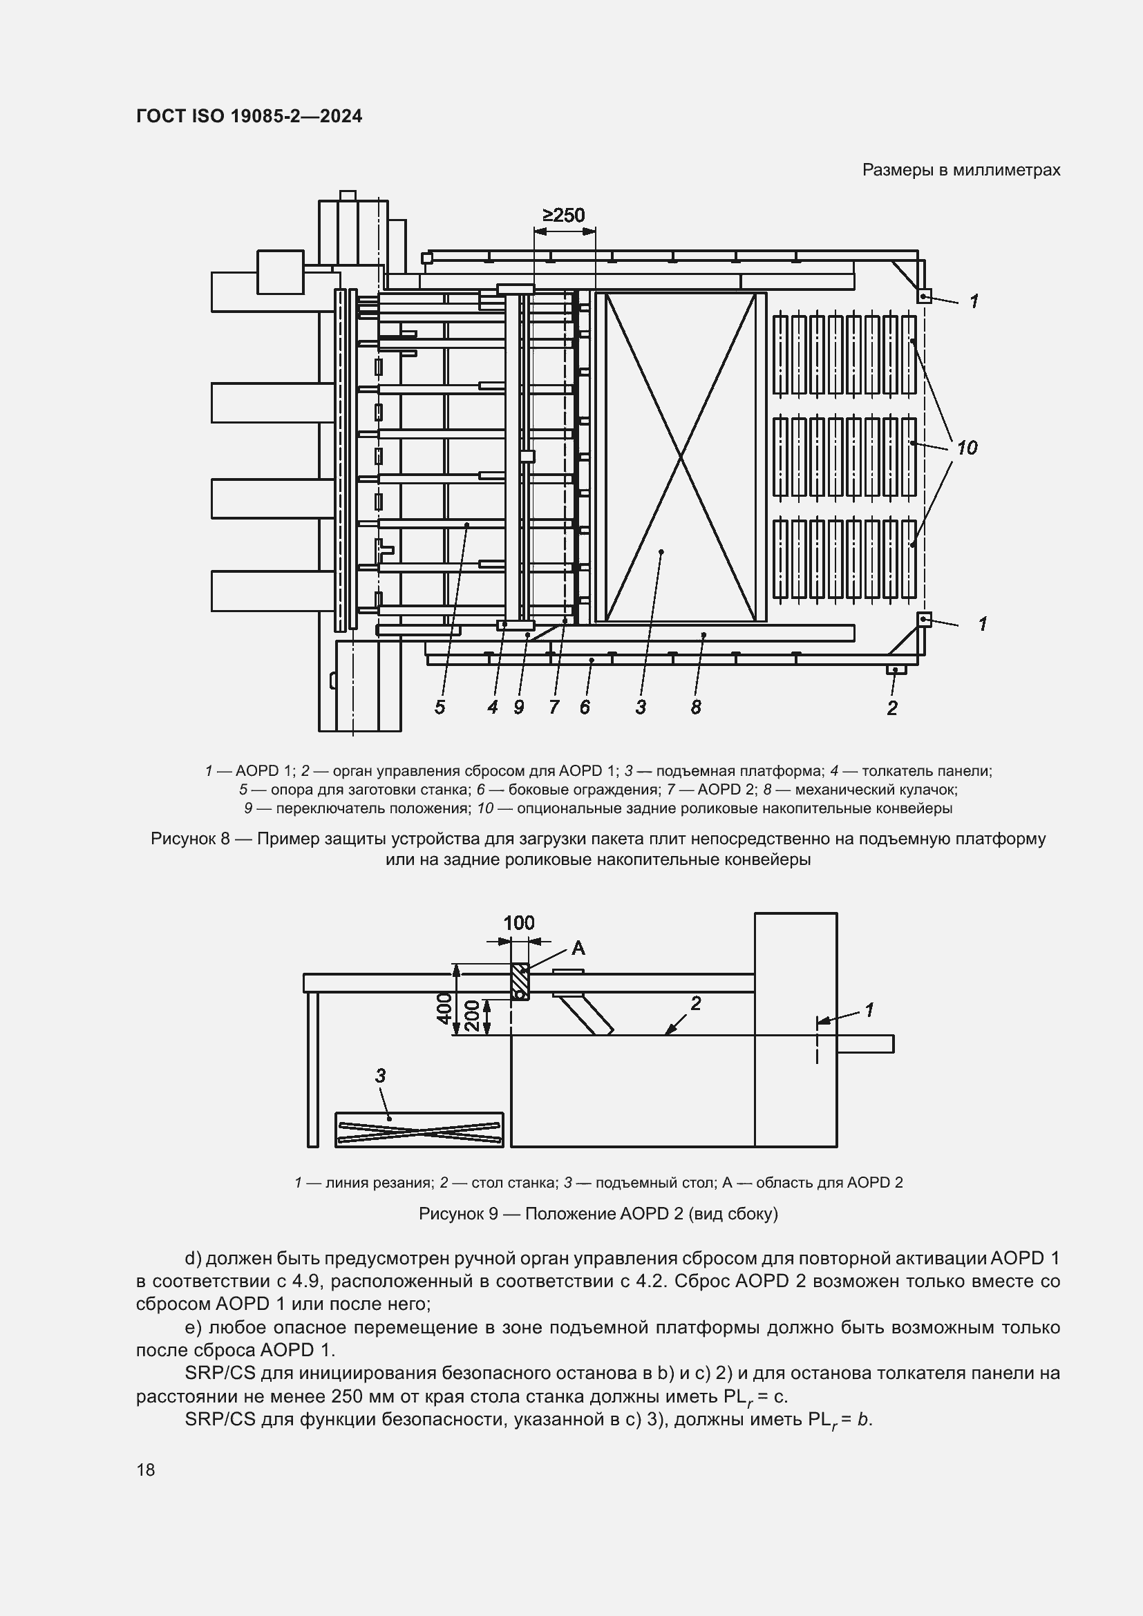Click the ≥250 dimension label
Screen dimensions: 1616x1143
coord(563,216)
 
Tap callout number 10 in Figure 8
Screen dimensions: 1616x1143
coord(966,448)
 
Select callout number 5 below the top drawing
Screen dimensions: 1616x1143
coord(440,707)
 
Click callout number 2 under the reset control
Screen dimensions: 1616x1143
coord(891,708)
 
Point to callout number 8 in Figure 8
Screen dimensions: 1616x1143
coord(695,707)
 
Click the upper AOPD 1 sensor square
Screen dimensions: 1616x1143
coord(924,296)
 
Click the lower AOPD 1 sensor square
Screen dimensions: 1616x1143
coord(924,619)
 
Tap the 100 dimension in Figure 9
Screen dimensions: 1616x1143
coord(519,923)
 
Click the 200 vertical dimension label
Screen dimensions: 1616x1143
coord(472,1016)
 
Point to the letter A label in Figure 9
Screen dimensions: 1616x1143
coord(578,949)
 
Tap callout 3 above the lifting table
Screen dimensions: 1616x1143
coord(380,1076)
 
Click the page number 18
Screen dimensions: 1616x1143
coord(146,1470)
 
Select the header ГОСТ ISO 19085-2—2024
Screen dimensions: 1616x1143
coord(249,117)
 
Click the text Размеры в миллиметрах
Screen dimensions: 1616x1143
coord(961,171)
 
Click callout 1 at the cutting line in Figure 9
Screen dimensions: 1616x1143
coord(869,1010)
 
